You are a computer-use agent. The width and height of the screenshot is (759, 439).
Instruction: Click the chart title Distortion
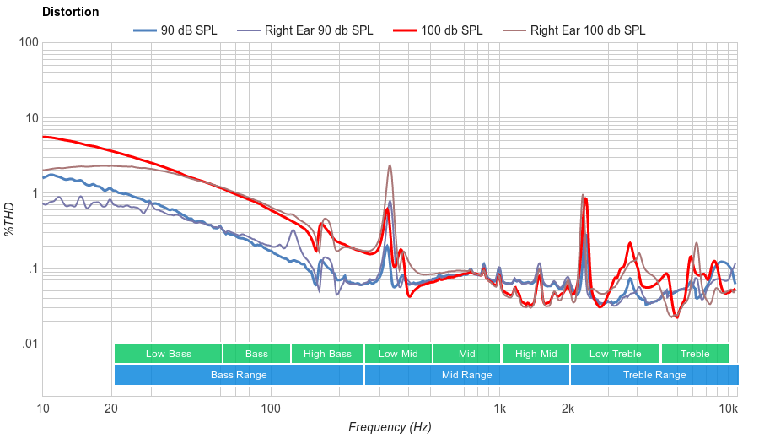(70, 13)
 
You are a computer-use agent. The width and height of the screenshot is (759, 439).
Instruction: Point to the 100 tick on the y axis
(28, 43)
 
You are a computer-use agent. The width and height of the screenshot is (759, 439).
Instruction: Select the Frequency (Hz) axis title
(390, 427)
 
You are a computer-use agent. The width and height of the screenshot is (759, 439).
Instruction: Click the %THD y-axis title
(10, 219)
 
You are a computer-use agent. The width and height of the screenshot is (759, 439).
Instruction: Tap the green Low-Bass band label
(167, 354)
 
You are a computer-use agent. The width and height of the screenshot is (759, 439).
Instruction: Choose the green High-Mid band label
(536, 354)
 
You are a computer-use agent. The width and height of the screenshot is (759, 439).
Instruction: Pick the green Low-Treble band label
(615, 354)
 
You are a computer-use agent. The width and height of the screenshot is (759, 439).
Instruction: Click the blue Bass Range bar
(239, 375)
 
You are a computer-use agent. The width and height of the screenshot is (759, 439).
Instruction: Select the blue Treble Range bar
(654, 375)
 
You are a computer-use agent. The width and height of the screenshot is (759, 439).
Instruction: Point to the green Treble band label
(695, 354)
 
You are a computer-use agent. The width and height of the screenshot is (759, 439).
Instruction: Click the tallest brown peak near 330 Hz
(390, 165)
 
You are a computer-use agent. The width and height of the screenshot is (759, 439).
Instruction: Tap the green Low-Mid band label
(398, 354)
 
